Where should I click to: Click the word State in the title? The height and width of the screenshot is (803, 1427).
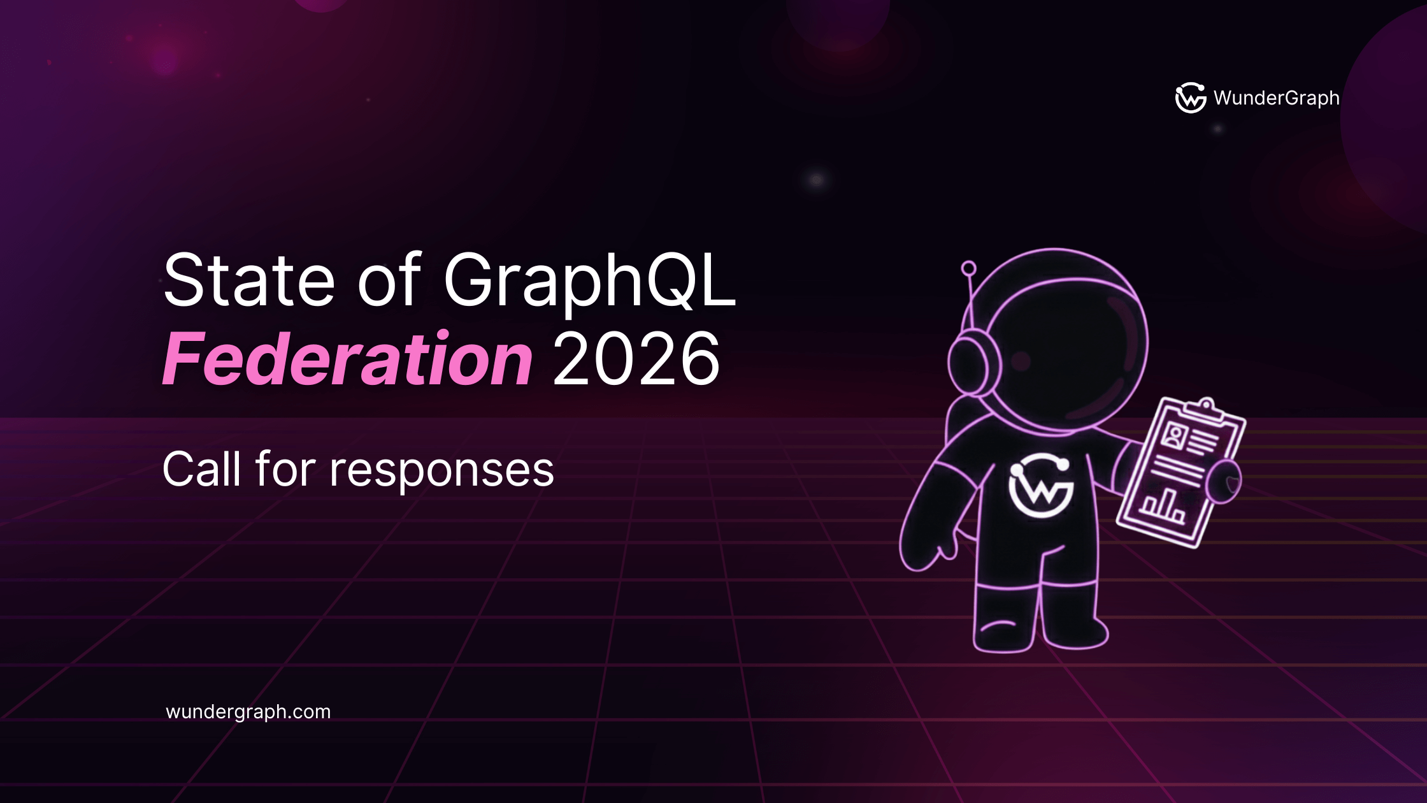[249, 280]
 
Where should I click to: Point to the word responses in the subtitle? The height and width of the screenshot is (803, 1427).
[441, 470]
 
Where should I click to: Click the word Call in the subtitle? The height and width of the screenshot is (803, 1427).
[203, 469]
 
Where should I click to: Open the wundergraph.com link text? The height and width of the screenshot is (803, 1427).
[248, 712]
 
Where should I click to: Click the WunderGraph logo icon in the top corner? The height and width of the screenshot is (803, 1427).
[1190, 98]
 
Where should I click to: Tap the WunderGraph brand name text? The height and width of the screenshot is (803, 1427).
[1276, 98]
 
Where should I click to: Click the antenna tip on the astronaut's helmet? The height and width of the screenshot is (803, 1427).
[968, 268]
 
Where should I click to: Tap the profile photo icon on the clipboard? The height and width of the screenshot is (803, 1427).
[1173, 436]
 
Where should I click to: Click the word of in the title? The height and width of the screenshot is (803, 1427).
[389, 280]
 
